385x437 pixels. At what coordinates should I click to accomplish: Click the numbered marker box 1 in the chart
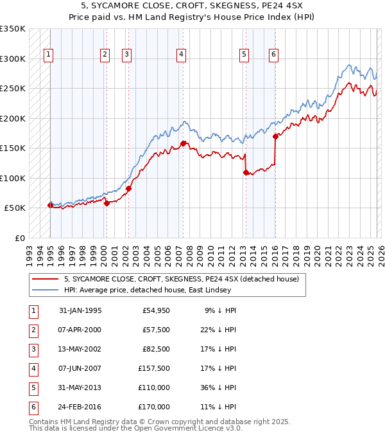tap(49, 55)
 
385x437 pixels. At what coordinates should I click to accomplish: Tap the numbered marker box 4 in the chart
tap(182, 55)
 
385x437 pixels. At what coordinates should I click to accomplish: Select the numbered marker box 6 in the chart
tap(274, 55)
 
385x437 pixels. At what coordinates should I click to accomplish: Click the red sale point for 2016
tap(275, 136)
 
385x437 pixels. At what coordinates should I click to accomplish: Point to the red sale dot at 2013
tap(246, 172)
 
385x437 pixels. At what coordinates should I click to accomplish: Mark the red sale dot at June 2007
tap(183, 144)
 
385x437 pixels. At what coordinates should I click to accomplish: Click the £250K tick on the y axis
tap(12, 89)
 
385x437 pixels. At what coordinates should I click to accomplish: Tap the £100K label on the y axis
tap(12, 178)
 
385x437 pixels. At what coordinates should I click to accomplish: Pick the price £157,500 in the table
tap(154, 368)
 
